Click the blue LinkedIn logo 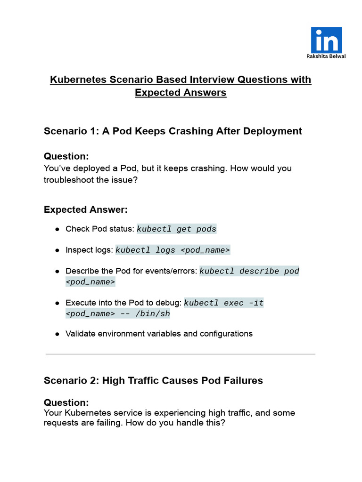(x=326, y=40)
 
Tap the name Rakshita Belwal (x=326, y=56)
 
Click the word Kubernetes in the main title (x=75, y=79)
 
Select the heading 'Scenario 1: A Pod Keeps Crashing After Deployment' (x=173, y=131)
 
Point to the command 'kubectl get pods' (x=176, y=229)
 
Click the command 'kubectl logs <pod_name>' (x=173, y=250)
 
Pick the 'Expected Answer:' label (x=85, y=209)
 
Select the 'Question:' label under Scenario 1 (x=66, y=156)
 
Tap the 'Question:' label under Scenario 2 (x=66, y=402)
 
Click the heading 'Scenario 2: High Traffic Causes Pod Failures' (x=153, y=380)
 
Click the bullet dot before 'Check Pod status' (x=57, y=230)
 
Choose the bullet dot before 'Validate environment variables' (x=57, y=334)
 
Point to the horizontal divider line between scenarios (x=181, y=354)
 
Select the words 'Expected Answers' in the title (x=181, y=93)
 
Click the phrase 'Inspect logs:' (x=89, y=250)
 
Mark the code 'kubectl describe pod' (x=249, y=272)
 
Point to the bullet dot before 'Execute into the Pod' (x=57, y=303)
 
